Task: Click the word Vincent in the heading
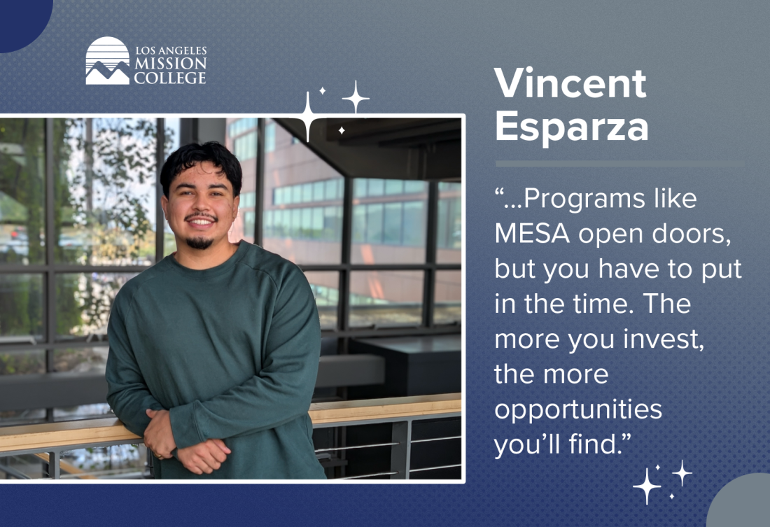click(x=570, y=83)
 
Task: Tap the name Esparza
click(x=572, y=126)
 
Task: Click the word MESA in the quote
click(x=532, y=233)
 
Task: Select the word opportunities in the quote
click(x=578, y=410)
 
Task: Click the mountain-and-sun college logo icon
click(x=108, y=60)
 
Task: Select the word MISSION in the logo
click(x=170, y=64)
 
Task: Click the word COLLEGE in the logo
click(x=170, y=78)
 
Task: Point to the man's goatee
click(x=200, y=242)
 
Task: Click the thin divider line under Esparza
click(x=619, y=164)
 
